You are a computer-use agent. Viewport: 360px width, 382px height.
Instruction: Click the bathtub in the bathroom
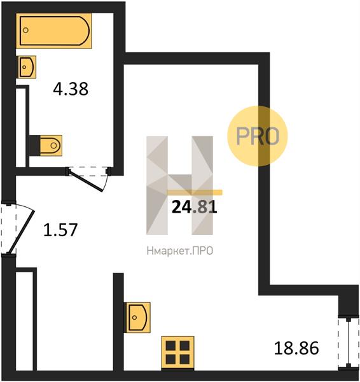tap(54, 31)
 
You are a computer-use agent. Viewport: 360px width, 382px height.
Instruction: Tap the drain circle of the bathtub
tap(25, 30)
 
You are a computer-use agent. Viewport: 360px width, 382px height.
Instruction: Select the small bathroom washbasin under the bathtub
tap(27, 67)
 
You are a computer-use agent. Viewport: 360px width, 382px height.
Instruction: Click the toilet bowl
tap(51, 145)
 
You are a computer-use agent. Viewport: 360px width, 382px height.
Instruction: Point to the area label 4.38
tap(71, 89)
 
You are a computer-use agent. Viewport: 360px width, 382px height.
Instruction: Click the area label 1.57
tap(60, 230)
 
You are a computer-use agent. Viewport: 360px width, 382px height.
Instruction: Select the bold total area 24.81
tap(194, 207)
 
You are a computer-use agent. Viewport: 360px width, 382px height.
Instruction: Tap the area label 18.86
tap(296, 348)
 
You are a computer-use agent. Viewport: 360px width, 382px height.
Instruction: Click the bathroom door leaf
tap(85, 181)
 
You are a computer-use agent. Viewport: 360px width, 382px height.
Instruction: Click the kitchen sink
tap(137, 318)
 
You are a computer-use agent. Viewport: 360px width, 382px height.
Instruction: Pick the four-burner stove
tap(177, 353)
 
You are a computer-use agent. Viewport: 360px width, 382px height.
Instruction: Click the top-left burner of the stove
tap(170, 346)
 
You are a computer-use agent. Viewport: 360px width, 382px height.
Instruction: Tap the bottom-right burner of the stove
tap(184, 360)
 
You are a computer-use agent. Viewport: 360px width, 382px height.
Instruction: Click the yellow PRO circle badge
tap(258, 136)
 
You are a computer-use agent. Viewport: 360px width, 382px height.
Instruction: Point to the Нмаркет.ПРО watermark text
tap(180, 251)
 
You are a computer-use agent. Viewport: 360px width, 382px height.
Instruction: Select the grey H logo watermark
tap(179, 185)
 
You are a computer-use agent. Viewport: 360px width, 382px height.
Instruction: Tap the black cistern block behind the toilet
tap(34, 145)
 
